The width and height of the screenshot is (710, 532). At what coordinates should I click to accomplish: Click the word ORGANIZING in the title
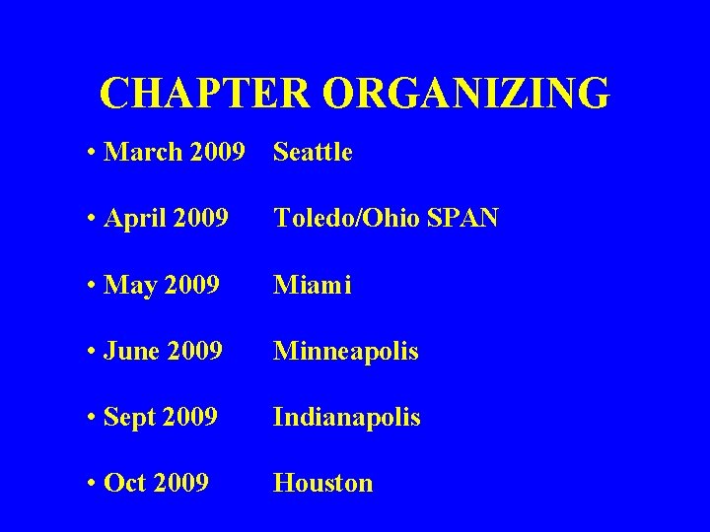click(465, 94)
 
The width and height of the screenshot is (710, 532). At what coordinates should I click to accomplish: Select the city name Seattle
click(313, 152)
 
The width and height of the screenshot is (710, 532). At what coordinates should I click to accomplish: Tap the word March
click(144, 152)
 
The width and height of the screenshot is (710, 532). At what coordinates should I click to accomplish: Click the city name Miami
click(313, 285)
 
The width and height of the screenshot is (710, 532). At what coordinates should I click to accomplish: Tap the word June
click(132, 351)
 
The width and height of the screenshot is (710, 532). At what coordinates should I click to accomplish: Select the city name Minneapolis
click(346, 351)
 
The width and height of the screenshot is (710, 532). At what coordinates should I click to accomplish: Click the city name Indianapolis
click(347, 417)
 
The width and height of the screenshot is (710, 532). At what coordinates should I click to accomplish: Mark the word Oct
click(126, 483)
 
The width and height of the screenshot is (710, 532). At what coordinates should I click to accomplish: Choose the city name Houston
click(323, 483)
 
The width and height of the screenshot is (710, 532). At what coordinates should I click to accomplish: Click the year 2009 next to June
click(195, 351)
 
